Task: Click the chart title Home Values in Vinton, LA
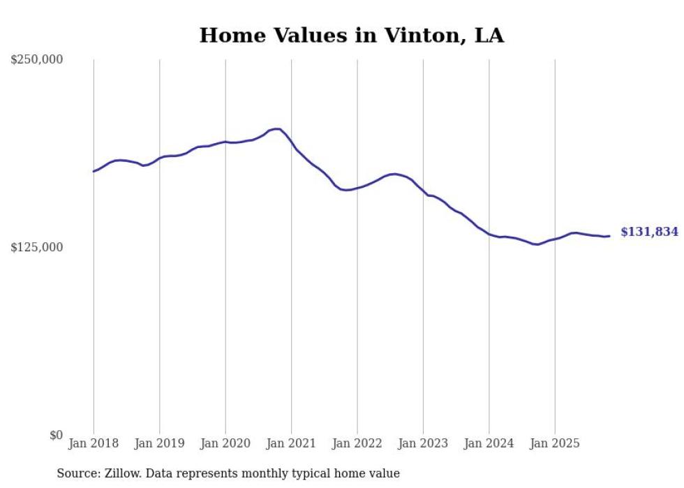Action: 351,36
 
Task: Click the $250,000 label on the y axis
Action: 36,60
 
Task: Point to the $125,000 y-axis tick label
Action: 36,247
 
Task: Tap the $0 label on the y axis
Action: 56,435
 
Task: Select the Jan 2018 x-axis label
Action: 94,443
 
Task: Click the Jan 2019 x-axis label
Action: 159,443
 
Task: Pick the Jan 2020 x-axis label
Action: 225,443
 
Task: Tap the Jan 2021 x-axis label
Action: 291,443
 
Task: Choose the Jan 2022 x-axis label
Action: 357,443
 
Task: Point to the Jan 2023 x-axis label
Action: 423,443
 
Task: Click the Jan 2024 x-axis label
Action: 489,443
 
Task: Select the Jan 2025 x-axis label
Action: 555,443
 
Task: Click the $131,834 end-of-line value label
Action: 649,232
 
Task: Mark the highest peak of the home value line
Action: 278,128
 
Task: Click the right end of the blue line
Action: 609,236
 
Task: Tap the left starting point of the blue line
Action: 94,171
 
